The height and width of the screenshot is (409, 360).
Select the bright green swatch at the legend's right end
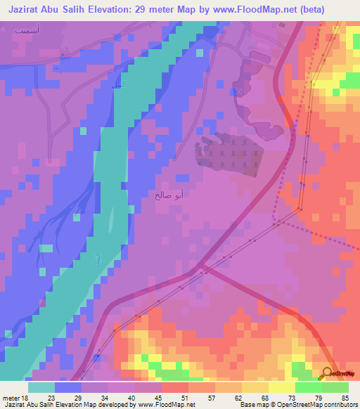point(335,387)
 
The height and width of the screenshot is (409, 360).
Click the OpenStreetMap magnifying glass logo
point(328,372)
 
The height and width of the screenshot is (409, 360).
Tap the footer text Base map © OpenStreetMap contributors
point(297,404)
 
